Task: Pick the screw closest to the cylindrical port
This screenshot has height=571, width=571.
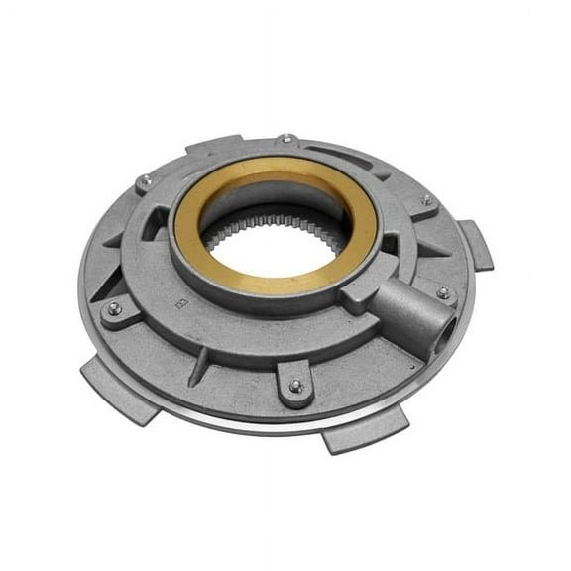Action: click(x=442, y=293)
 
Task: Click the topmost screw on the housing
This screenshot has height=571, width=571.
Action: click(x=286, y=139)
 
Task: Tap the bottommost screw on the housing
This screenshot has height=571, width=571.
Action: click(x=295, y=387)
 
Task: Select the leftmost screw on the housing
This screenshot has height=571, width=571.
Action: click(x=114, y=309)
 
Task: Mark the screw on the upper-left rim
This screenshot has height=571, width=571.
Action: click(x=145, y=180)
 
